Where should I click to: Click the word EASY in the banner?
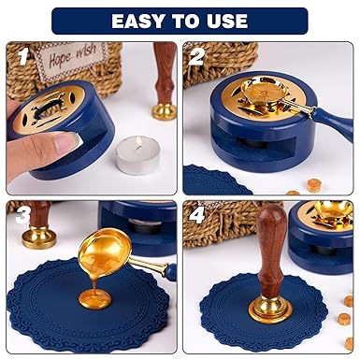pyautogui.click(x=138, y=22)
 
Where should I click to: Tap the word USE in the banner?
pyautogui.click(x=225, y=22)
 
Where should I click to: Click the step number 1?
pyautogui.click(x=22, y=57)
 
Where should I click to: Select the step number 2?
pyautogui.click(x=197, y=57)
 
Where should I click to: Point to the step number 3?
pyautogui.click(x=23, y=216)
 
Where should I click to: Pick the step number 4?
pyautogui.click(x=197, y=216)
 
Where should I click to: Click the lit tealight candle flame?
pyautogui.click(x=139, y=143)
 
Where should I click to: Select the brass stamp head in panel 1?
pyautogui.click(x=164, y=111)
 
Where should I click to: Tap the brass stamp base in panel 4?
pyautogui.click(x=270, y=306)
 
